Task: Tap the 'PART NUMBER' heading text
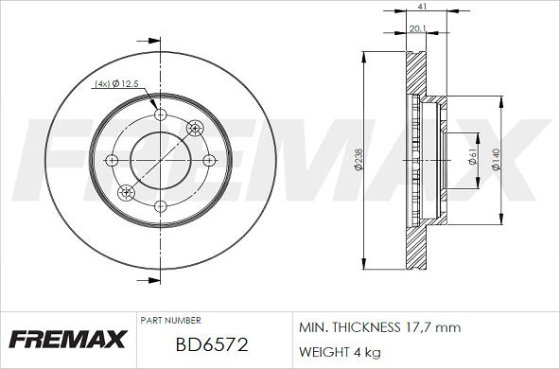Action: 170,322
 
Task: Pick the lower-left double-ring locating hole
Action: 127,192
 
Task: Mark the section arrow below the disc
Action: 148,281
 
